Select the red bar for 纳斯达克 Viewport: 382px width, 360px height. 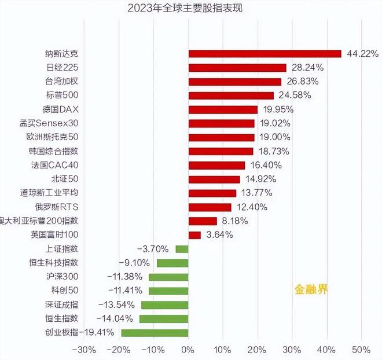point(265,54)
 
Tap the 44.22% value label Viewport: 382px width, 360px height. point(362,54)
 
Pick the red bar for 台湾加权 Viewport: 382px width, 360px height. point(234,82)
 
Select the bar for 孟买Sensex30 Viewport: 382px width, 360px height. point(221,123)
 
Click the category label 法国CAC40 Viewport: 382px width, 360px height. point(65,165)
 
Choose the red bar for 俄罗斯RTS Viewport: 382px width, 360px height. point(210,207)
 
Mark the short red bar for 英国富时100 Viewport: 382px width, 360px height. point(194,235)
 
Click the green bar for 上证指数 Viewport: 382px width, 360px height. point(182,249)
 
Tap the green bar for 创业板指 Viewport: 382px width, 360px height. point(155,332)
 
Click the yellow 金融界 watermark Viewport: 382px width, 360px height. point(311,289)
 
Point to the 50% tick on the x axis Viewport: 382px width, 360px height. point(361,350)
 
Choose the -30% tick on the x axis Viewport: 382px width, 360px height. point(85,350)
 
